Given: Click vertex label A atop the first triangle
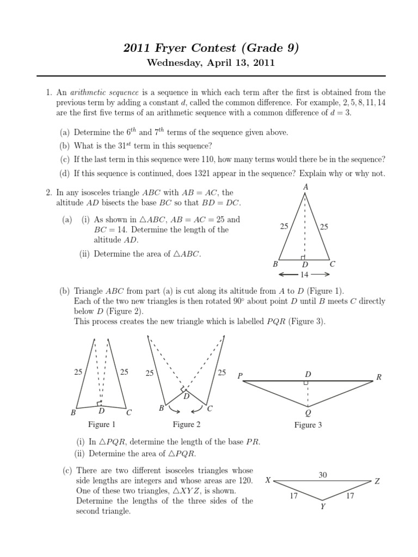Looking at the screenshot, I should click(x=305, y=187).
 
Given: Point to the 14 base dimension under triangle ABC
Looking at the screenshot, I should click(x=305, y=275).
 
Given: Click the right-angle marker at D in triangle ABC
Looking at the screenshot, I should click(x=303, y=257).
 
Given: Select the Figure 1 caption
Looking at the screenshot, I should click(x=102, y=424).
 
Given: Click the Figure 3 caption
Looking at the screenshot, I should click(x=308, y=425).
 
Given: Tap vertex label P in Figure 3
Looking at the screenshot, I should click(x=239, y=376).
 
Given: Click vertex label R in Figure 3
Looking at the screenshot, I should click(x=379, y=376).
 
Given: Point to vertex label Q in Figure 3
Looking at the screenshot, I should click(x=308, y=413).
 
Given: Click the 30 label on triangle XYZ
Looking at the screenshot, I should click(x=323, y=475).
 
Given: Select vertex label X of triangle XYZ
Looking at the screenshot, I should click(x=267, y=481).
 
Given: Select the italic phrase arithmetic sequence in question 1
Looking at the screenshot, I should click(x=103, y=92).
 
